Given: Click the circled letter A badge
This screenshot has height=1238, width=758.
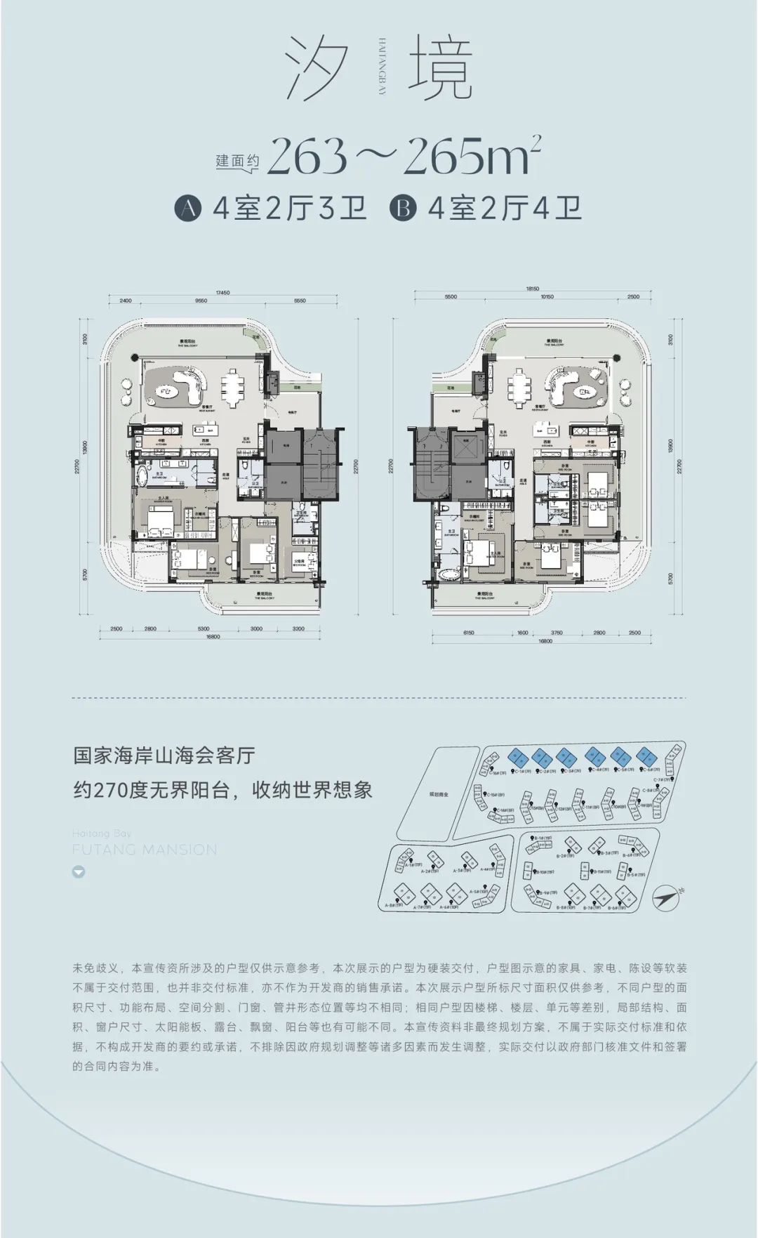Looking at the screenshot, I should pos(187,209).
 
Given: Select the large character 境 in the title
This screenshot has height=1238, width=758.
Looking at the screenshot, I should pos(440,68).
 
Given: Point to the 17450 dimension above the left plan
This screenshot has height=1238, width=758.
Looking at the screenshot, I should pos(222,293).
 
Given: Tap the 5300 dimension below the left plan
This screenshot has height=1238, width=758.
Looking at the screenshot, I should pos(204,628).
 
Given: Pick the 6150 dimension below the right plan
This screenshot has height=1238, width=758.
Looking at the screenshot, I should pos(468,633).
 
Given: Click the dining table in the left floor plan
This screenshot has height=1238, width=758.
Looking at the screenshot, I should pos(232,387).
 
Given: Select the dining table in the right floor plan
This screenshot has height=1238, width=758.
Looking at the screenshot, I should pos(520,387).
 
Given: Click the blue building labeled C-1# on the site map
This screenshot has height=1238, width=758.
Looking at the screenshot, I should pos(518,758).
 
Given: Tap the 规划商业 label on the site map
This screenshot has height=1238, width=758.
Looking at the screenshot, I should pos(439,794).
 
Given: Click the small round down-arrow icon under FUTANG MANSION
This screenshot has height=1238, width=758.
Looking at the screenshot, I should pos(79,872).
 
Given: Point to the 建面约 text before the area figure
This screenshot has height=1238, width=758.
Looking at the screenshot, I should pos(237,162).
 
